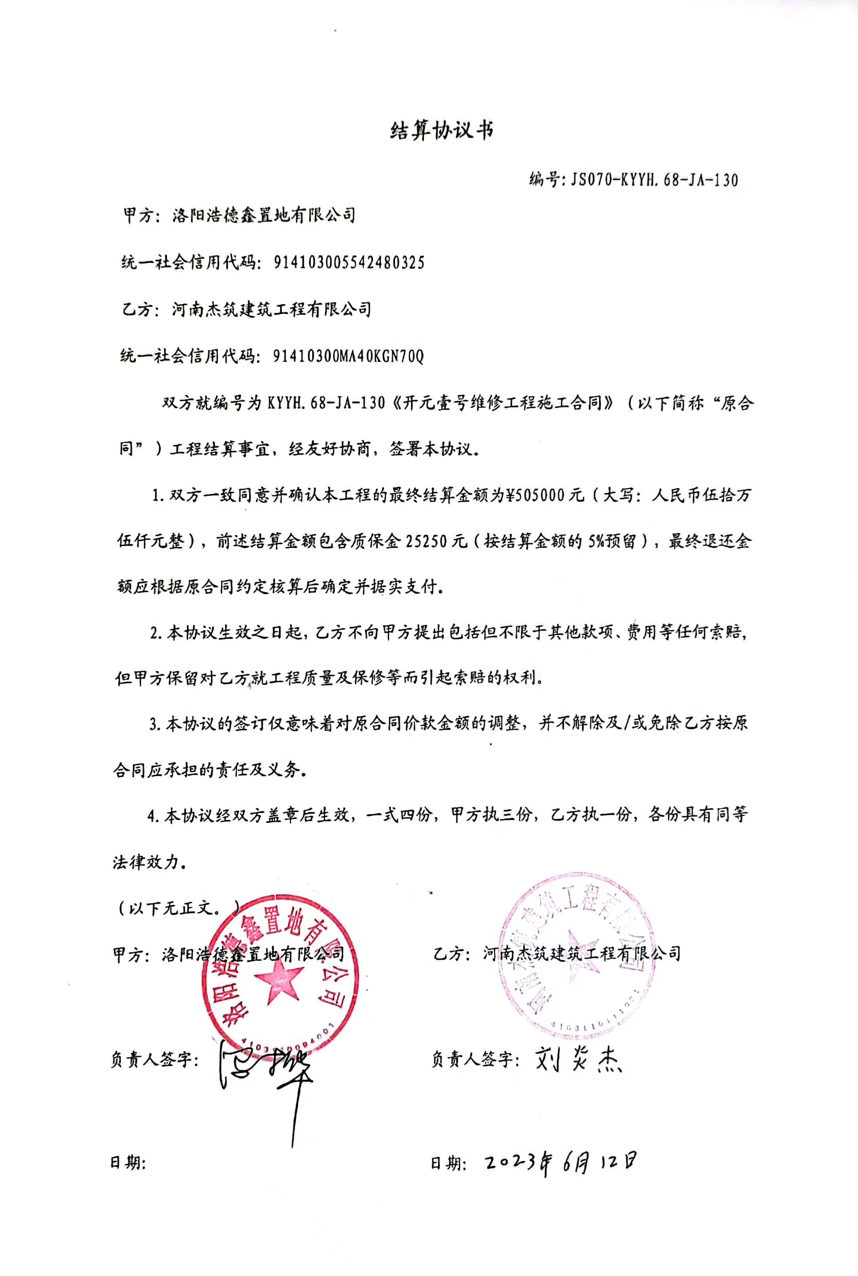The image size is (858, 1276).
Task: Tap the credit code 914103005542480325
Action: pyautogui.click(x=349, y=263)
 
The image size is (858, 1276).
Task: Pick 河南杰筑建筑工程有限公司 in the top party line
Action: pyautogui.click(x=271, y=310)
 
